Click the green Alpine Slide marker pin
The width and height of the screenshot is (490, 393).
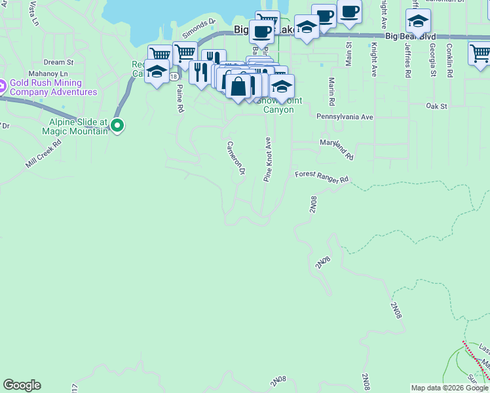[117, 124]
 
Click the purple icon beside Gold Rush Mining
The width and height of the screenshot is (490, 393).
[3, 84]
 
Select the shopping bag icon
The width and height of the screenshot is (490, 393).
[239, 85]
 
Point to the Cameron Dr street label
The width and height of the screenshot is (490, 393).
[236, 158]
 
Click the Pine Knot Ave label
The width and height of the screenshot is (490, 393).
[267, 159]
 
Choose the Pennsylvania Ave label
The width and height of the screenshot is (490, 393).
[344, 117]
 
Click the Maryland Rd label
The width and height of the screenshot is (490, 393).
[337, 149]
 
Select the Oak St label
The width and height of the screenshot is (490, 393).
[436, 105]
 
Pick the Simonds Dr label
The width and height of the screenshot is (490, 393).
[198, 28]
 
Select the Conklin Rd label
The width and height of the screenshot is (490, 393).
[449, 60]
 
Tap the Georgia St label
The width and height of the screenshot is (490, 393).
[432, 61]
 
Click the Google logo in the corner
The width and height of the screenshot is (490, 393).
[22, 385]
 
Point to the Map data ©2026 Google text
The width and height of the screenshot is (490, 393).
[449, 388]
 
